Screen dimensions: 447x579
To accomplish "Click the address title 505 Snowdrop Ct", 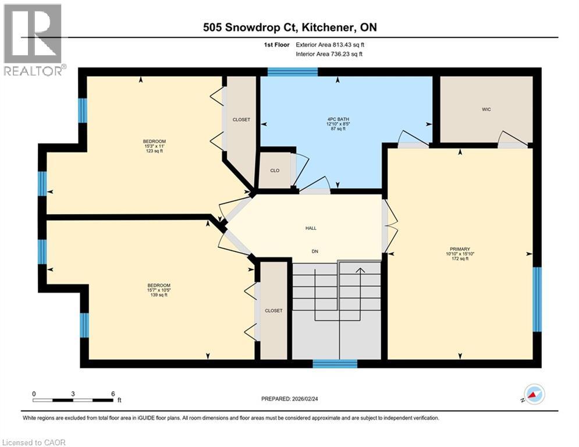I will tap(290, 28).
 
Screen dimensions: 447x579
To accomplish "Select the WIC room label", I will tap(486, 109).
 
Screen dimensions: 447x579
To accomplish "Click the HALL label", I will tap(311, 228).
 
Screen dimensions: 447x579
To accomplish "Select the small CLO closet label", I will tap(275, 171).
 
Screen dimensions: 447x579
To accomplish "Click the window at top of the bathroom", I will tap(293, 72).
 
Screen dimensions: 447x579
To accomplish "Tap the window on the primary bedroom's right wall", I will tap(537, 299).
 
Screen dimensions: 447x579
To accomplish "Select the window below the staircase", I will tap(335, 364).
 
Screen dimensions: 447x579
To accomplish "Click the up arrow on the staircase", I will tap(360, 271).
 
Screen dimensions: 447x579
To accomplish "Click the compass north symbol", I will tap(534, 395).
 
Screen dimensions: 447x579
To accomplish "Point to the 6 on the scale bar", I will tap(113, 393).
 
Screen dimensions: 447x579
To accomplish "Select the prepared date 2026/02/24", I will tap(290, 399).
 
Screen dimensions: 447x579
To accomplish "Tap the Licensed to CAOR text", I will tap(34, 442).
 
